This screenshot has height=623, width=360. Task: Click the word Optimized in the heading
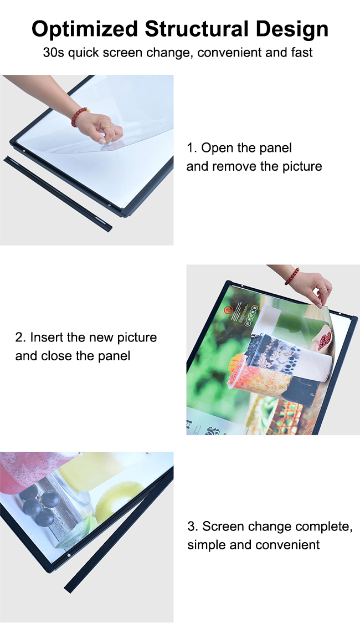pos(85,29)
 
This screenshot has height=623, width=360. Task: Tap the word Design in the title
pos(292,29)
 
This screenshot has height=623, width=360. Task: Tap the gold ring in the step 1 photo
pos(107,128)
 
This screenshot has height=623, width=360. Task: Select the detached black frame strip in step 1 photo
pos(58,195)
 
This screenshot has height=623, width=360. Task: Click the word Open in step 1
pos(218,148)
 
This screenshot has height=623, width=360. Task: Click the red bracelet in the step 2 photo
pos(292,276)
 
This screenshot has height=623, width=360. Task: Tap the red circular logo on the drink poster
pos(228,310)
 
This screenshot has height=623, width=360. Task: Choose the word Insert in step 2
pos(47,338)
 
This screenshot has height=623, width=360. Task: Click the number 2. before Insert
pos(20,338)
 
